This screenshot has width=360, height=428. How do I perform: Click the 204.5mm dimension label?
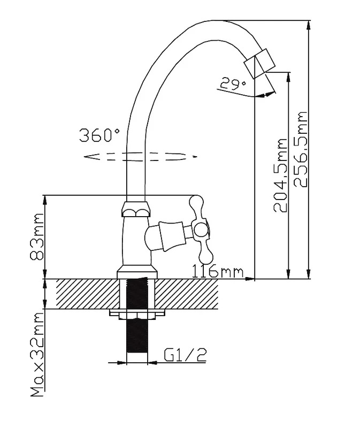[280, 175]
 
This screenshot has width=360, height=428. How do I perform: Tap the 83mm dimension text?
[37, 236]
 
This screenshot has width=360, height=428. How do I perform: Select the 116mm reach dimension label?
[218, 271]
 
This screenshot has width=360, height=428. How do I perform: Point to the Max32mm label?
[37, 354]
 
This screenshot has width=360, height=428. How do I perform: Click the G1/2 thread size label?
[185, 355]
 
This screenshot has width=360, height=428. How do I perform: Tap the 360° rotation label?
[99, 135]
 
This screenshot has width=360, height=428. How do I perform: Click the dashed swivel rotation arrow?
[140, 157]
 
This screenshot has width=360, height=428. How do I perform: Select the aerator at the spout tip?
[259, 64]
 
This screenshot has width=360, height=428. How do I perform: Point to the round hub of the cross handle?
[201, 230]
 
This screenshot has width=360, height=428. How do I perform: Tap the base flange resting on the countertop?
[137, 273]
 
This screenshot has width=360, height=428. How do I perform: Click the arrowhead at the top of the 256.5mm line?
[309, 26]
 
